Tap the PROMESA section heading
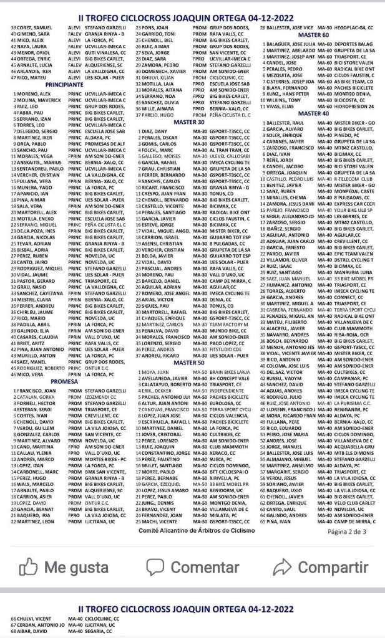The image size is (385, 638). tap(64, 363)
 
